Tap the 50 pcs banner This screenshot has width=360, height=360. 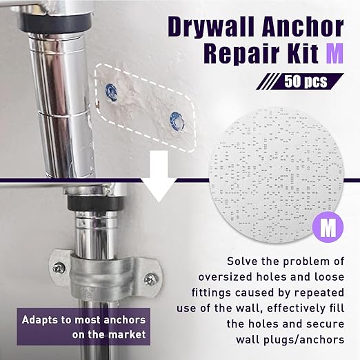[x=300, y=81]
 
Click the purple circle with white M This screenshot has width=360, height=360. [x=328, y=227]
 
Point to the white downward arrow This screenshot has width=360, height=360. [x=159, y=177]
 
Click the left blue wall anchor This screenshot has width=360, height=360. [x=110, y=92]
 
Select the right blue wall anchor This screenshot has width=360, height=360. [x=176, y=120]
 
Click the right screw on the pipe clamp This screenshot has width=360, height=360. [x=151, y=280]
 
